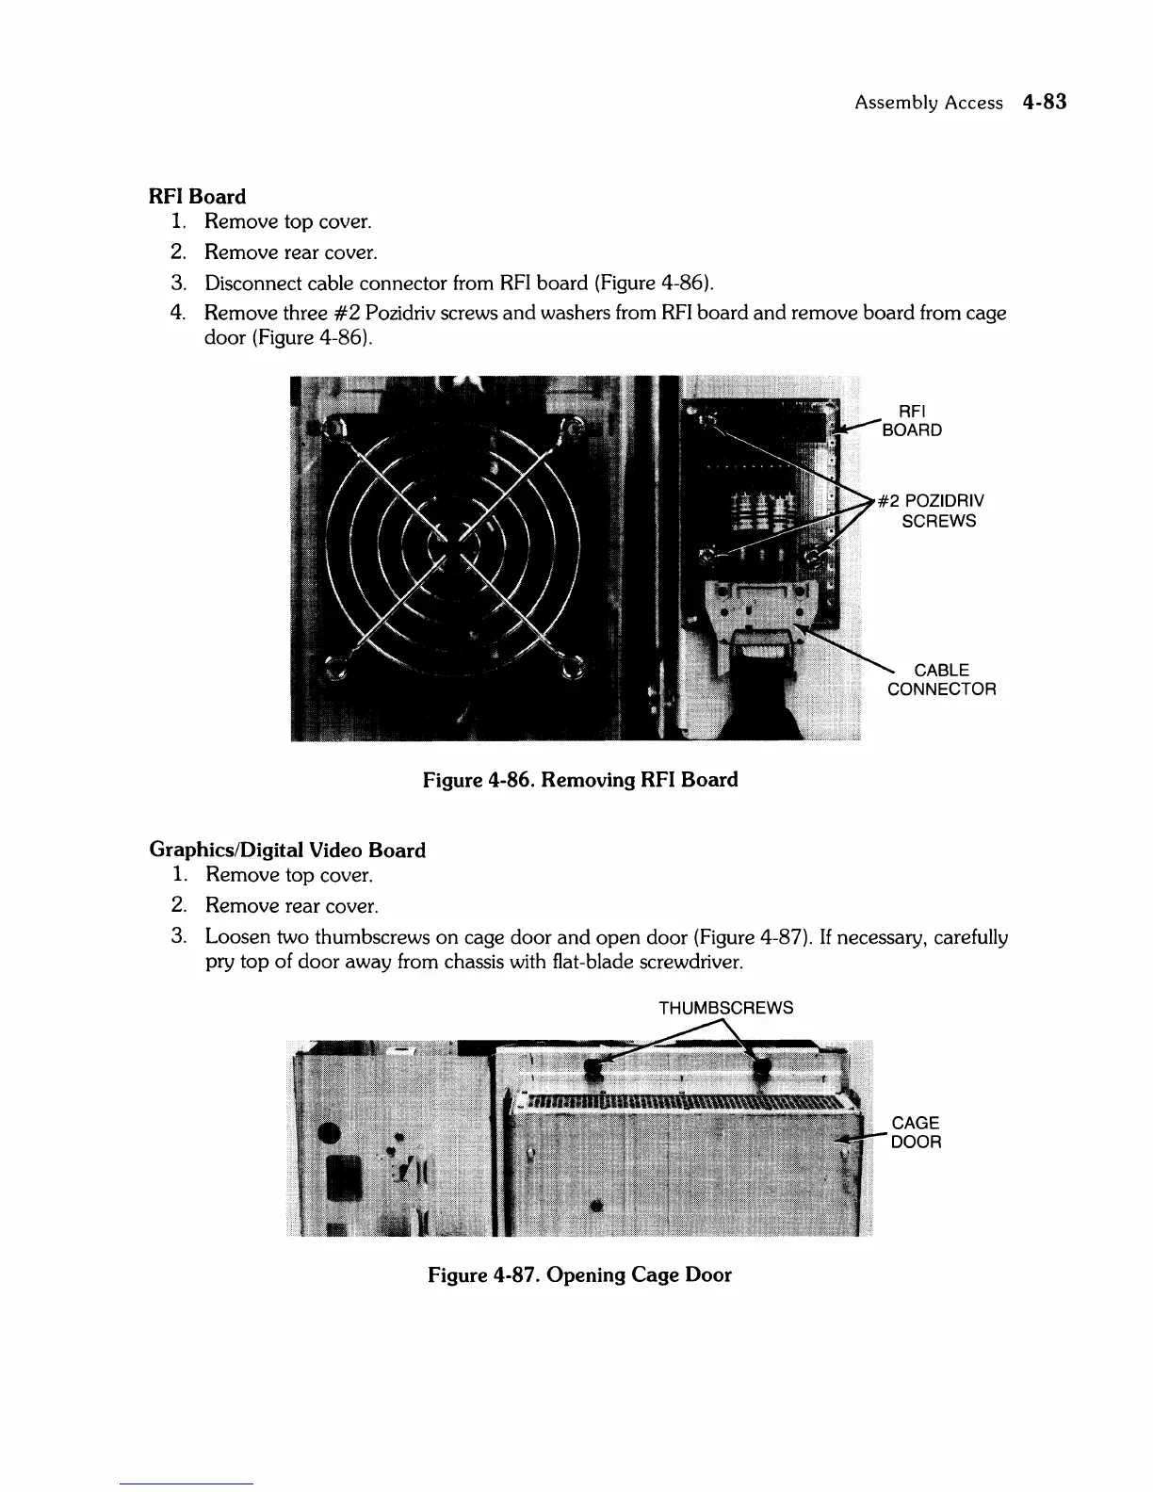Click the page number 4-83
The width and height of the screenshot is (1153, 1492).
point(1044,103)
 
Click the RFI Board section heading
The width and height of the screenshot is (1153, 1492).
point(197,197)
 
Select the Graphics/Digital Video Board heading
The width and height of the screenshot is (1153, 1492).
point(287,851)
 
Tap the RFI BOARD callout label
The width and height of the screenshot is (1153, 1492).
point(911,421)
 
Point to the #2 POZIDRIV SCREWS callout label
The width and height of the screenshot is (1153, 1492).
point(931,511)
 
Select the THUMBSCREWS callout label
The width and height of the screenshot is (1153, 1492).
point(725,1008)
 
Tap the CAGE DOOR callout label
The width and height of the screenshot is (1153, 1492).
point(916,1132)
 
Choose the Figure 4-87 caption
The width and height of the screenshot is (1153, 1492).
point(579,1275)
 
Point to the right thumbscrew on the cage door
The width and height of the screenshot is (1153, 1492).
point(761,1068)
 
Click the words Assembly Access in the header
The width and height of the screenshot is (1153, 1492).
point(928,104)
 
